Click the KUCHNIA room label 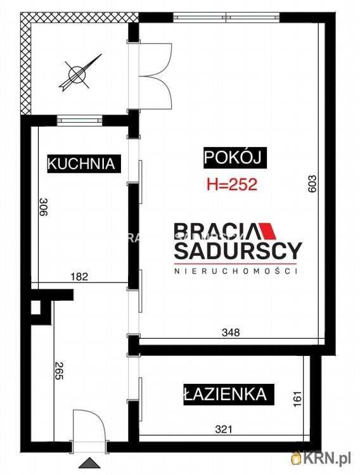click(82, 163)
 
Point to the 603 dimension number click(312, 184)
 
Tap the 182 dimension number click(79, 276)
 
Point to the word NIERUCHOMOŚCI click(237, 271)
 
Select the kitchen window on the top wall click(79, 118)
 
